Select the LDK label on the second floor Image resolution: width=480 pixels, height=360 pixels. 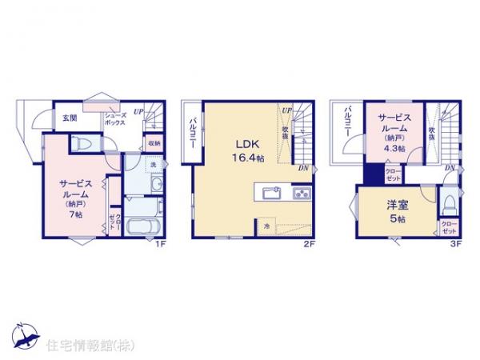[x=244, y=144]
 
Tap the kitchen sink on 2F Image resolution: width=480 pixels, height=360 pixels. [x=270, y=193]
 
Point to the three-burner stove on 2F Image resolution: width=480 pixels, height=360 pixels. [x=301, y=193]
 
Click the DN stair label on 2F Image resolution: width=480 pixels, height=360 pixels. [x=303, y=168]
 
